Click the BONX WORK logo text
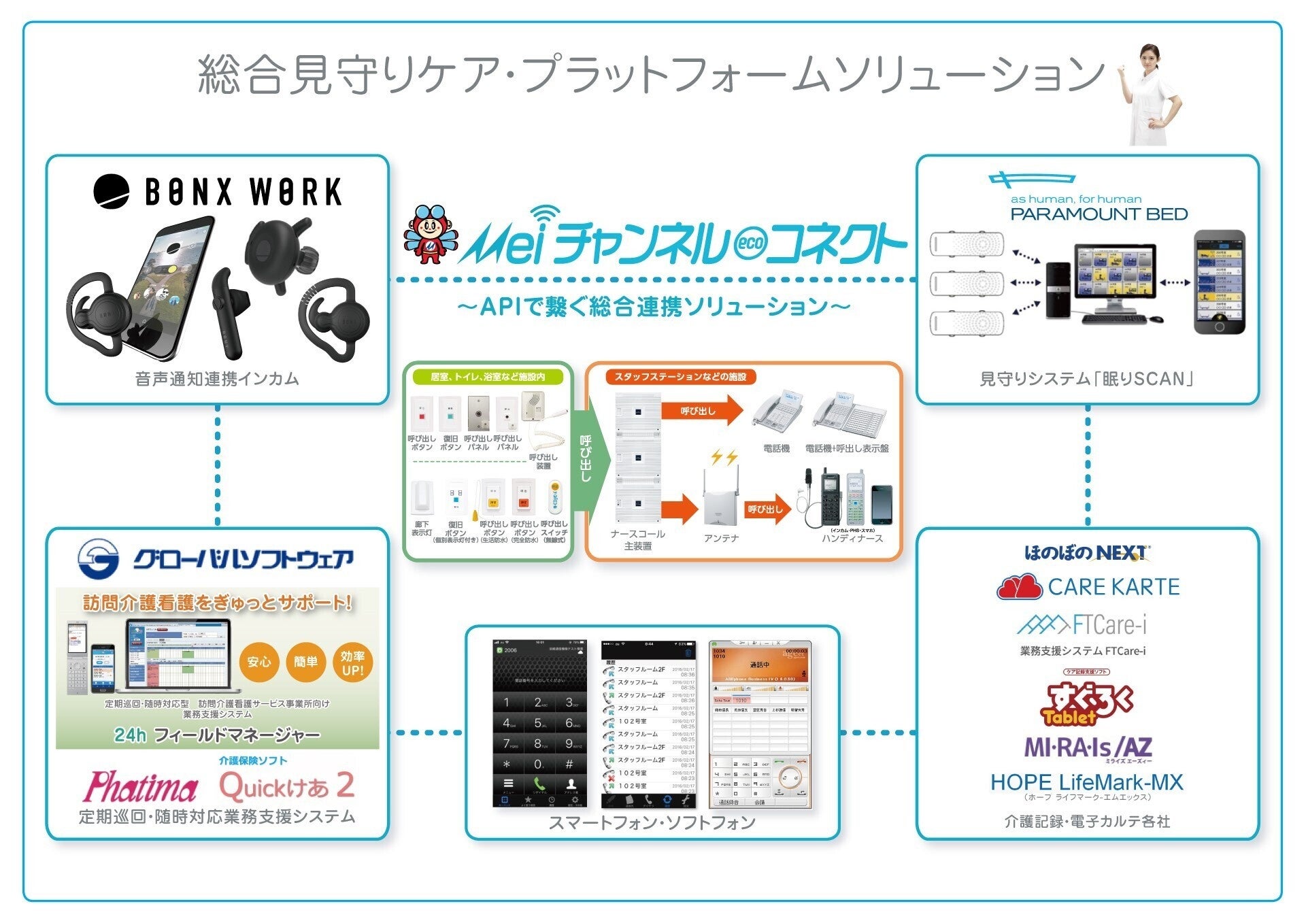tap(243, 192)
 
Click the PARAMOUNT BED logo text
tap(1099, 214)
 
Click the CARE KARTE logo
tap(1088, 587)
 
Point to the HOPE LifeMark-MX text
tap(1086, 782)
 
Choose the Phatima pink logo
tap(141, 787)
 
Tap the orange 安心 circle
tap(259, 662)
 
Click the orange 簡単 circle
tap(305, 662)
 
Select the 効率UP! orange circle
tap(352, 663)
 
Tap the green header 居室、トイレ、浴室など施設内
tap(487, 377)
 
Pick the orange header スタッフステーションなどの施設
tap(680, 377)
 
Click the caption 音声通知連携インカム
tap(217, 379)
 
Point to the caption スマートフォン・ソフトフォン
tap(652, 823)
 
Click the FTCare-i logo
tap(1082, 624)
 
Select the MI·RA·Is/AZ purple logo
tap(1088, 748)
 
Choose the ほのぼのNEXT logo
tap(1087, 553)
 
